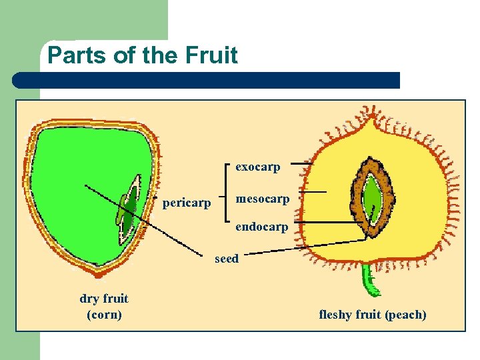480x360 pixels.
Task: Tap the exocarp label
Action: click(258, 167)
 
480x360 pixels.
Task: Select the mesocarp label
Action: click(262, 199)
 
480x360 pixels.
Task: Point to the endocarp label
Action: click(262, 227)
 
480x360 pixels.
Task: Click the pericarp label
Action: click(187, 201)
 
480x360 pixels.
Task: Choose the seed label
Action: click(227, 259)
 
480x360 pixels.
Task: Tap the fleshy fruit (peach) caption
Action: click(373, 314)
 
